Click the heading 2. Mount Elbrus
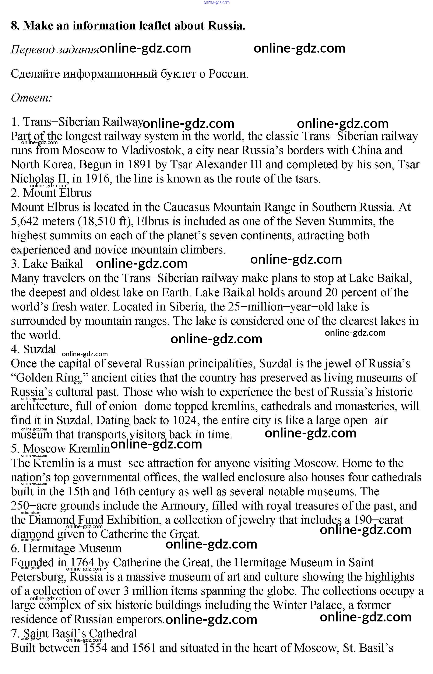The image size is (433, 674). coord(51,193)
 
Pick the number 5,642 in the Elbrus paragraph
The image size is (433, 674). coord(24,221)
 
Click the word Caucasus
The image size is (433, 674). coord(186,207)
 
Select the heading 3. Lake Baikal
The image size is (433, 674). coord(47,264)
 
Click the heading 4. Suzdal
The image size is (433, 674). coord(34,349)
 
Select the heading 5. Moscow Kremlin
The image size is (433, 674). coord(60,449)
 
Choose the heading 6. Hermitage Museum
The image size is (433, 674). coord(66,548)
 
